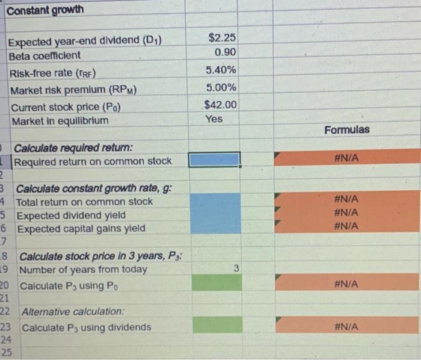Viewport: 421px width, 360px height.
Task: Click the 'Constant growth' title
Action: click(45, 10)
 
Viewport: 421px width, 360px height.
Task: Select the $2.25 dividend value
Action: click(221, 38)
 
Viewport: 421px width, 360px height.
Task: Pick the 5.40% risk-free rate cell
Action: click(221, 70)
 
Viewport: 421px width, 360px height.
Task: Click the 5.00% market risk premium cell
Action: click(221, 88)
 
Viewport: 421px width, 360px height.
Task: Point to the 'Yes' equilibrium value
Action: click(214, 119)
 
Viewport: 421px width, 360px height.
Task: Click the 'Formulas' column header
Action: click(347, 130)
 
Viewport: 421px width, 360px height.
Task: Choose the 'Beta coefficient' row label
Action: click(45, 55)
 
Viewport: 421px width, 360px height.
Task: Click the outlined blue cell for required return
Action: click(214, 160)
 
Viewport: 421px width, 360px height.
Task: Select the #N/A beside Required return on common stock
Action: click(347, 158)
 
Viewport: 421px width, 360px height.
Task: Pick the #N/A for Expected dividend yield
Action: click(347, 212)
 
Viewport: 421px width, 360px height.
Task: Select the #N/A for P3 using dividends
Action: click(347, 326)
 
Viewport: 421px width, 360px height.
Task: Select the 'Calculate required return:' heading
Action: click(73, 147)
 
